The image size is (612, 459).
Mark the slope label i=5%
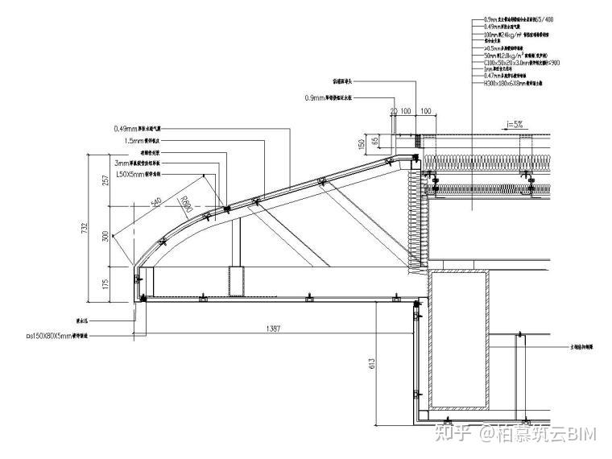tap(515, 124)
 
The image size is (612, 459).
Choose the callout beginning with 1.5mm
tap(143, 140)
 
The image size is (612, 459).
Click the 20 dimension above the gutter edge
tap(394, 110)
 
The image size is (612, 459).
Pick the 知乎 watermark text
tap(453, 435)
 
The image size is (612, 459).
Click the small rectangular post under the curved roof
tap(236, 279)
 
